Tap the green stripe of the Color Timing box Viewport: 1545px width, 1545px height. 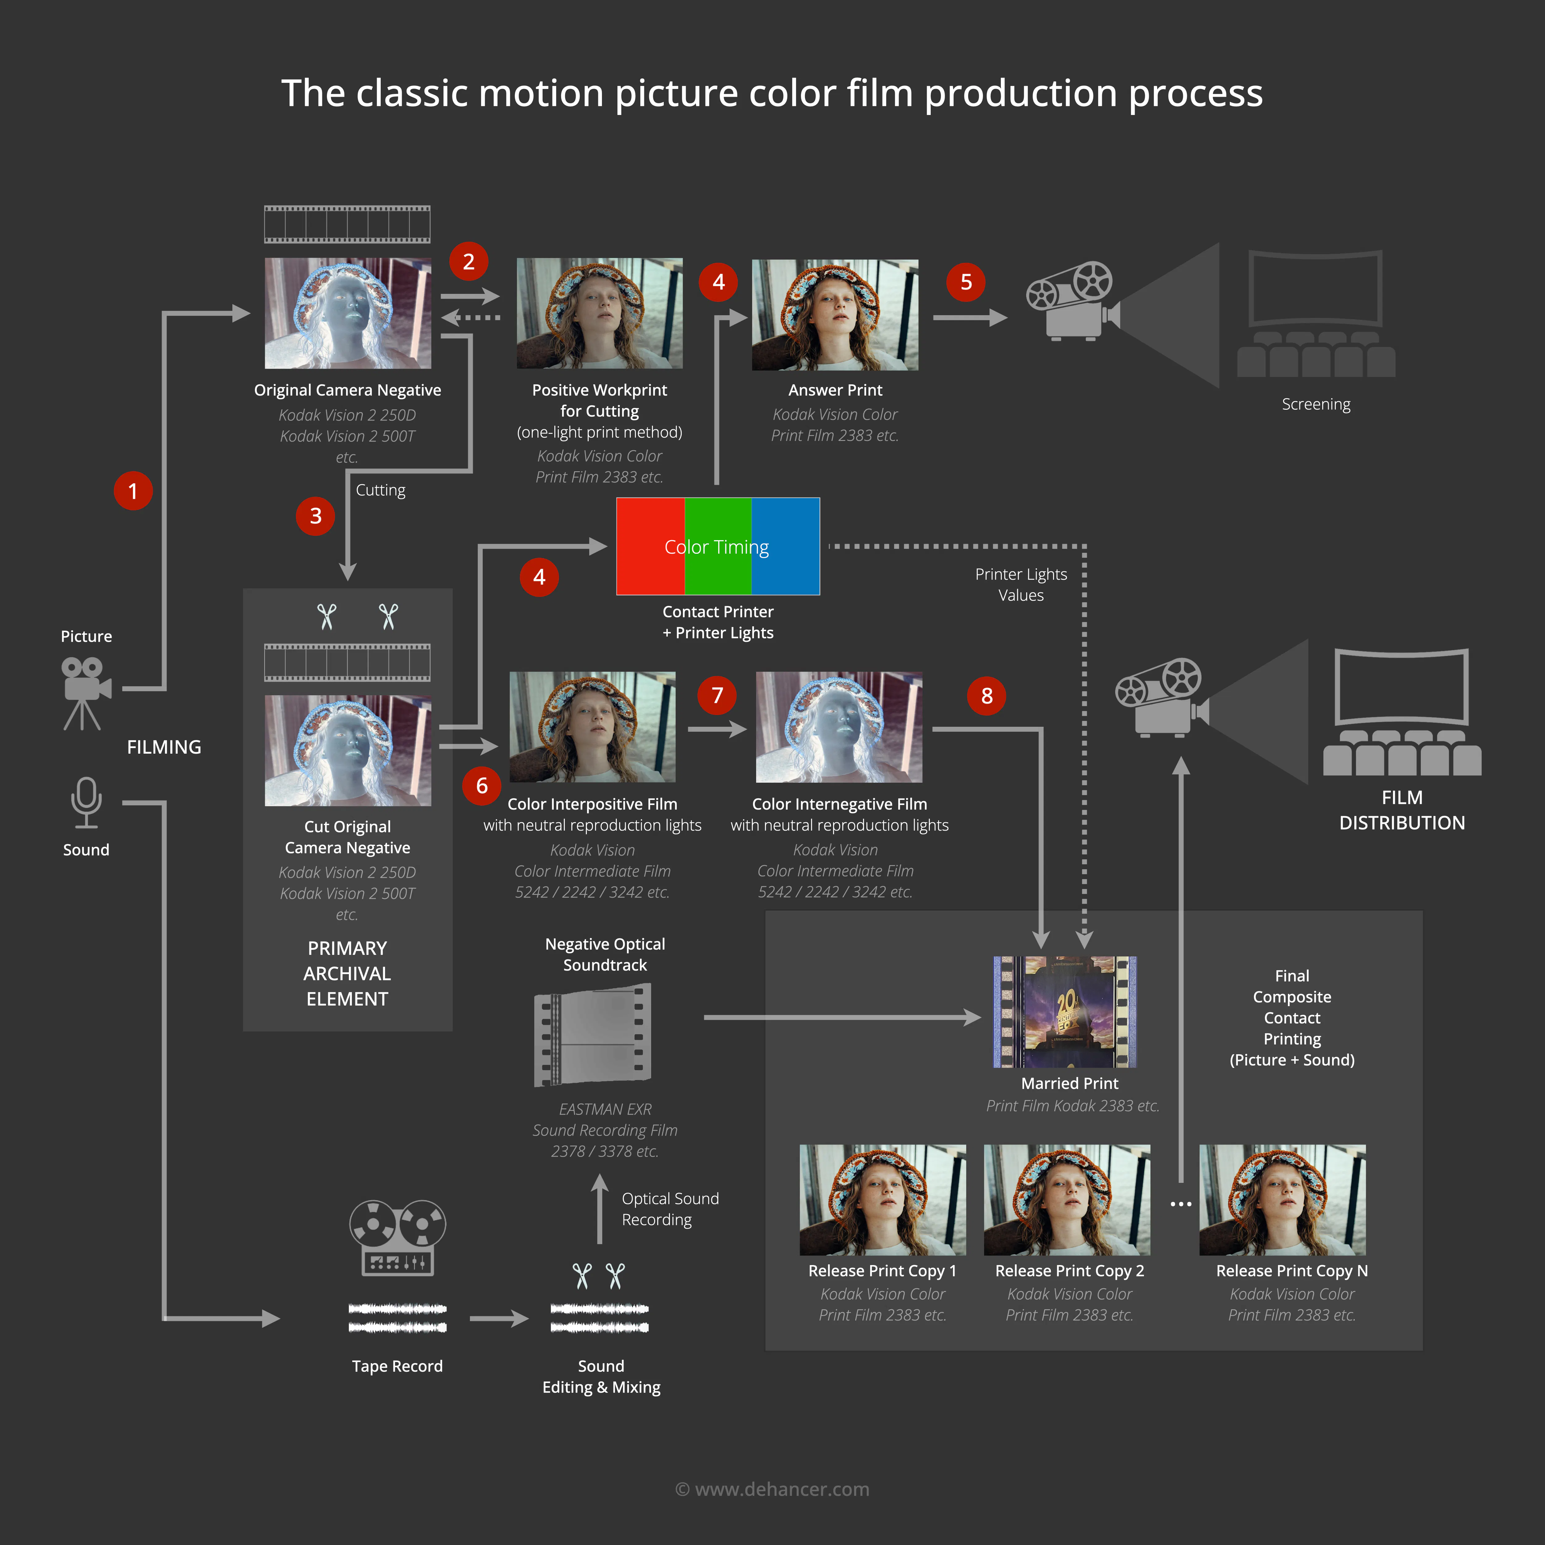click(x=717, y=546)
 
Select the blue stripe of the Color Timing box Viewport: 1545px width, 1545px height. click(x=785, y=546)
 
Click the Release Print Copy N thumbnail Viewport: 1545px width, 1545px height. click(x=1282, y=1200)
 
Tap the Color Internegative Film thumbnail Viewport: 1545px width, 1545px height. click(x=839, y=727)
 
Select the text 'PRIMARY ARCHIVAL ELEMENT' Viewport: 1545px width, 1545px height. click(x=347, y=973)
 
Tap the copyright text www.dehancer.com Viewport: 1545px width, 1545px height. click(x=772, y=1489)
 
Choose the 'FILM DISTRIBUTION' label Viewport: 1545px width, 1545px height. click(x=1402, y=810)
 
